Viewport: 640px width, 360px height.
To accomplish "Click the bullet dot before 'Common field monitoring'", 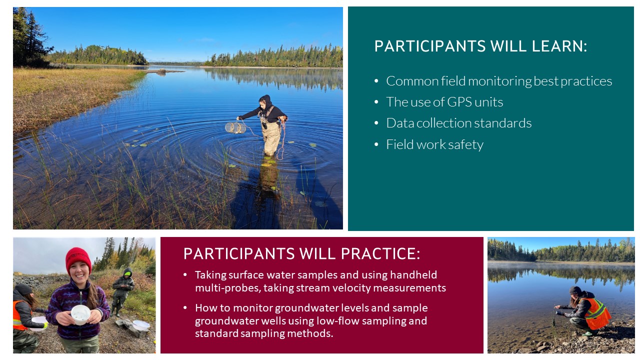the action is click(376, 81).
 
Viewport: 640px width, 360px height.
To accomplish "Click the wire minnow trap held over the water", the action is click(235, 127).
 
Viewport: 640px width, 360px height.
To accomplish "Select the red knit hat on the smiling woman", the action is click(78, 260).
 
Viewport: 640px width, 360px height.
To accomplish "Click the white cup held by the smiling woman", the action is click(80, 314).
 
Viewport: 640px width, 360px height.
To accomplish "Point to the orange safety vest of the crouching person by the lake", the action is click(597, 313).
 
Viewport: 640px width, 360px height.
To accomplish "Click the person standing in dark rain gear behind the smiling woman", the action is click(122, 291).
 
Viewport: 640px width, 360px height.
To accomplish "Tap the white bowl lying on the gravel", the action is click(141, 325).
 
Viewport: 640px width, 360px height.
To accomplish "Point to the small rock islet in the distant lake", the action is click(161, 70).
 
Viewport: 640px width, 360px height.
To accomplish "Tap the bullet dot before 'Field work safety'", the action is click(376, 144).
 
